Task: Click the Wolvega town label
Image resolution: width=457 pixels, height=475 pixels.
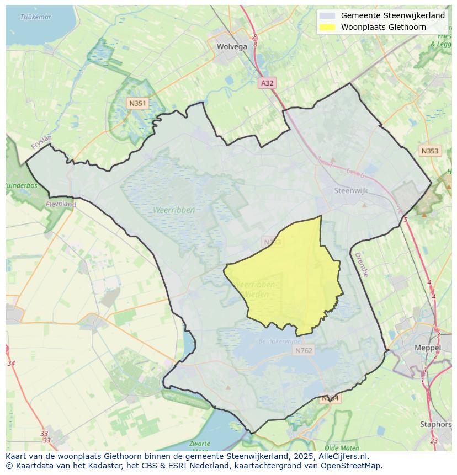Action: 232,47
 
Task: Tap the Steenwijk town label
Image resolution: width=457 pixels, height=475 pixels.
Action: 351,190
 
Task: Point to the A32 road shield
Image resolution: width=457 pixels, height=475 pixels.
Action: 267,83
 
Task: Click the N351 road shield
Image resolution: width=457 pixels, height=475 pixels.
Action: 137,103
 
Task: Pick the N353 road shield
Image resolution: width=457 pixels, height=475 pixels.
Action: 430,151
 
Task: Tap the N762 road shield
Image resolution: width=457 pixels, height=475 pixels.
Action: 304,350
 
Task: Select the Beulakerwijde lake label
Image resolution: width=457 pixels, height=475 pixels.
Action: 278,341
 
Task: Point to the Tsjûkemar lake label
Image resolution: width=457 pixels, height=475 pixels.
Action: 35,17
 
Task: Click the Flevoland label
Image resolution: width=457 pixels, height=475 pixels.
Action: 61,204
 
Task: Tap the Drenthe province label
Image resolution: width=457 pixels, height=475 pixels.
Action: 361,264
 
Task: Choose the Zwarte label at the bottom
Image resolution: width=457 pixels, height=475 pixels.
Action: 199,444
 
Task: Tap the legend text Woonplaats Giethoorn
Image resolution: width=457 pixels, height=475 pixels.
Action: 383,27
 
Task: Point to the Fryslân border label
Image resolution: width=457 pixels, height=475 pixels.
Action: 41,142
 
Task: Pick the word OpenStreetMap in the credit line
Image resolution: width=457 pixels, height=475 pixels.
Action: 353,466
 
